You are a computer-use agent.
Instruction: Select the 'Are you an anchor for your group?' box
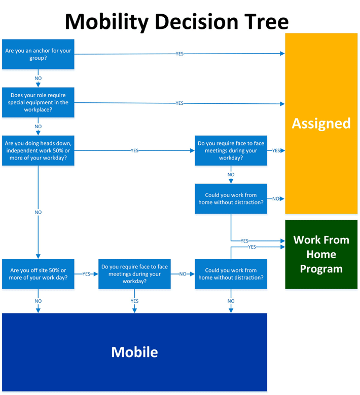(x=38, y=54)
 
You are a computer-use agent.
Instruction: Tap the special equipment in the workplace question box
(x=38, y=102)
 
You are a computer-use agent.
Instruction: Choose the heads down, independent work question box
(x=38, y=150)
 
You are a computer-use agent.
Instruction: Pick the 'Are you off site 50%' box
(x=38, y=274)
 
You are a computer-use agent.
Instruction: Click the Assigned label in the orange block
(x=321, y=123)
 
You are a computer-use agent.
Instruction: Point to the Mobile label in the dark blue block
(x=134, y=351)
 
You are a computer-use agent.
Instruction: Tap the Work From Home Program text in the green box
(x=321, y=254)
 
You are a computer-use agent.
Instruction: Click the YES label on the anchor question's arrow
(x=179, y=54)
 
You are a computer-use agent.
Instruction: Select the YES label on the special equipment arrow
(x=179, y=103)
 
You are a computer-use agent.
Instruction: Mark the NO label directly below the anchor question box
(x=38, y=78)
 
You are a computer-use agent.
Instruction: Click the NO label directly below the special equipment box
(x=38, y=127)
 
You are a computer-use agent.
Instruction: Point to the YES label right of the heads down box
(x=134, y=150)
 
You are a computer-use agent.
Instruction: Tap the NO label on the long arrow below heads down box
(x=38, y=212)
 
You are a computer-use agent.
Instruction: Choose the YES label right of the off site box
(x=86, y=274)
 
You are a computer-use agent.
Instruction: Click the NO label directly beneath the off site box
(x=38, y=301)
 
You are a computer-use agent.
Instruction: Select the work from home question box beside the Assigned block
(x=231, y=199)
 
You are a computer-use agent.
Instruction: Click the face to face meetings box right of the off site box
(x=134, y=274)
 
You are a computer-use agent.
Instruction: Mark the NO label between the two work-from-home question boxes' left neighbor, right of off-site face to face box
(x=183, y=274)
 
